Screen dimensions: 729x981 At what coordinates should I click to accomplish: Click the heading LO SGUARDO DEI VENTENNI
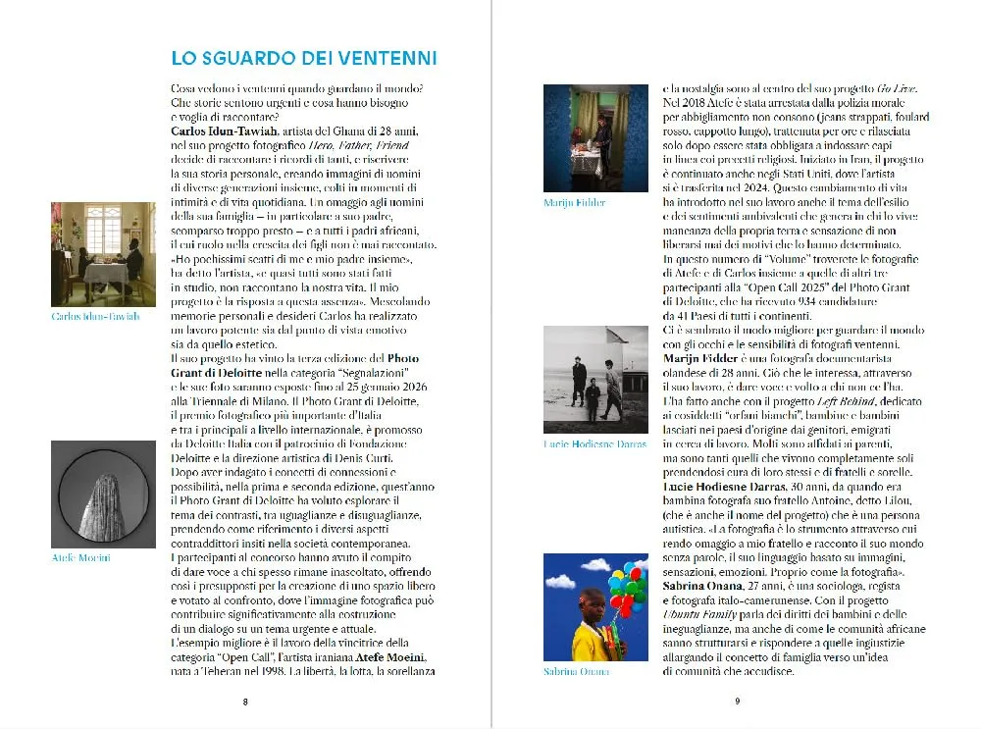pos(304,58)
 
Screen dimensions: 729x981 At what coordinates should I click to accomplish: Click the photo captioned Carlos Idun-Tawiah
pos(103,253)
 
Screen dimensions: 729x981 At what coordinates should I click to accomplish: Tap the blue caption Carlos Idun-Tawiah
pos(95,317)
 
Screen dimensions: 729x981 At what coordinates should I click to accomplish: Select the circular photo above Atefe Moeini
pos(103,494)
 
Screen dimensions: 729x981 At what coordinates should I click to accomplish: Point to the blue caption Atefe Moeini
pos(80,557)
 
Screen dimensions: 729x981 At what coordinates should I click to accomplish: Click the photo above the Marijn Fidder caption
pos(595,138)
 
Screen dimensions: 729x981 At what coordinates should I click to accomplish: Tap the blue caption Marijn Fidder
pos(574,203)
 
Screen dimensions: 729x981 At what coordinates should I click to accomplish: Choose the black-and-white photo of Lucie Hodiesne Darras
pos(595,380)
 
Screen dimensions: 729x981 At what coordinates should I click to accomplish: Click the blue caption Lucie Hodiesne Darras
pos(594,444)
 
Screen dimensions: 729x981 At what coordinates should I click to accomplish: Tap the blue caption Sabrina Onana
pos(576,671)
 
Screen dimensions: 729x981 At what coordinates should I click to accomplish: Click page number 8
pos(245,702)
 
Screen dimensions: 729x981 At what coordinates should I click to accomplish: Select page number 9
pos(736,702)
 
